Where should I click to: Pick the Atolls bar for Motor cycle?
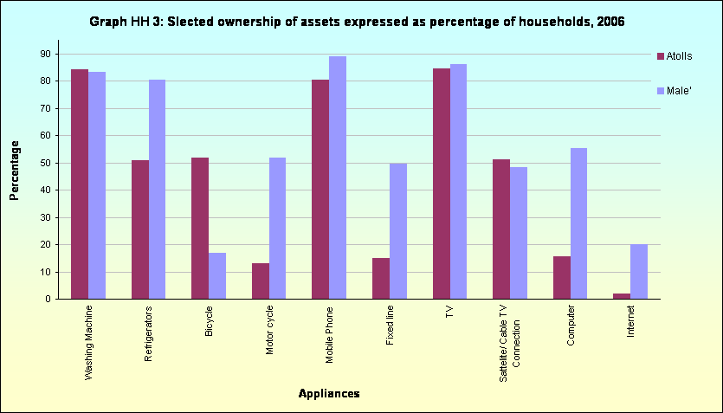pos(261,281)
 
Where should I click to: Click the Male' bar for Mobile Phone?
pos(337,177)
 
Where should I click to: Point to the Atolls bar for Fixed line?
pos(381,278)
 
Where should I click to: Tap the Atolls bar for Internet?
pos(622,296)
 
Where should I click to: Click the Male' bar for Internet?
pos(639,271)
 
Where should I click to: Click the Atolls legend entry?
pos(681,56)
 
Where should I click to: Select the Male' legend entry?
pos(681,91)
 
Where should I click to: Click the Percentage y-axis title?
pos(15,171)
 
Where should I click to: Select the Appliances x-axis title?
pos(328,394)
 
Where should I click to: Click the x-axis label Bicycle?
pos(209,319)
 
